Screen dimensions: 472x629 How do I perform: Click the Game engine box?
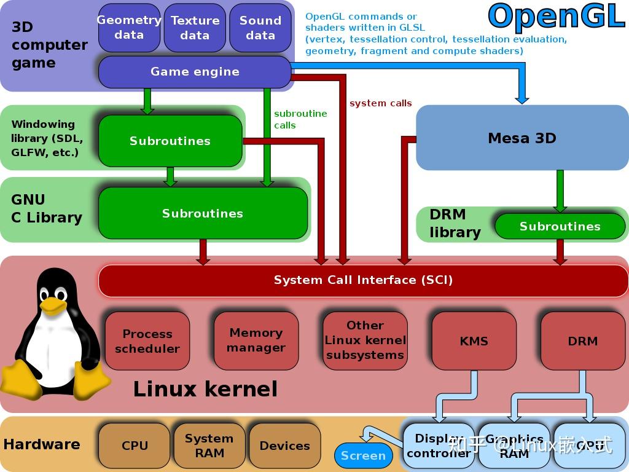pyautogui.click(x=195, y=72)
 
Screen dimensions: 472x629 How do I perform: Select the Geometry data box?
pyautogui.click(x=129, y=28)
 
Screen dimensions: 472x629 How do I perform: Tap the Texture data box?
pyautogui.click(x=195, y=28)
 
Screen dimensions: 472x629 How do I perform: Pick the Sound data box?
pyautogui.click(x=260, y=28)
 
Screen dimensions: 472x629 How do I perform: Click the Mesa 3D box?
pyautogui.click(x=522, y=138)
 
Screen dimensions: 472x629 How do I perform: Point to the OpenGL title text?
pyautogui.click(x=557, y=17)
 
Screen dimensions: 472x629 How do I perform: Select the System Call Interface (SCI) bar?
pyautogui.click(x=363, y=280)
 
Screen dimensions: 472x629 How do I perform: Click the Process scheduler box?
pyautogui.click(x=147, y=341)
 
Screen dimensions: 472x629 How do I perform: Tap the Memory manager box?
pyautogui.click(x=256, y=340)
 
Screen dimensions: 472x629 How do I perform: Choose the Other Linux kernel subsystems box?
pyautogui.click(x=365, y=340)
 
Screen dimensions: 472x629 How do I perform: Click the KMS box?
pyautogui.click(x=474, y=340)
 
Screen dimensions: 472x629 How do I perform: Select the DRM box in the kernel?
pyautogui.click(x=582, y=340)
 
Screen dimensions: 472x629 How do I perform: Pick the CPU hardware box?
pyautogui.click(x=135, y=446)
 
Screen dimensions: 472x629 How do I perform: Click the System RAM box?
pyautogui.click(x=209, y=446)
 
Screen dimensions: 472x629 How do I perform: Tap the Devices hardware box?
pyautogui.click(x=284, y=446)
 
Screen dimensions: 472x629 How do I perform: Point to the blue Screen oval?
pyautogui.click(x=363, y=455)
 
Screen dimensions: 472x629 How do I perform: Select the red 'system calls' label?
pyautogui.click(x=380, y=103)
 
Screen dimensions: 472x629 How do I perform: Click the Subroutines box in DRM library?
pyautogui.click(x=560, y=226)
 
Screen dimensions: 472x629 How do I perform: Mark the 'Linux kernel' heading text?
pyautogui.click(x=205, y=389)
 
